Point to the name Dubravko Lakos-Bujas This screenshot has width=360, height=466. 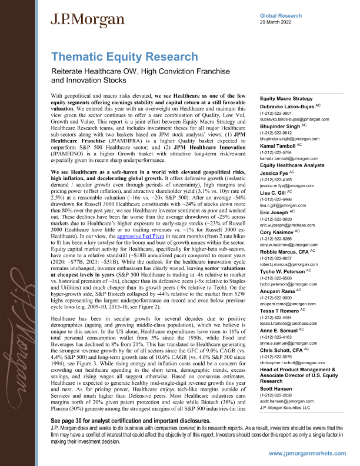click(x=286, y=106)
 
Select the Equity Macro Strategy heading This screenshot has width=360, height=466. click(x=286, y=99)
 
